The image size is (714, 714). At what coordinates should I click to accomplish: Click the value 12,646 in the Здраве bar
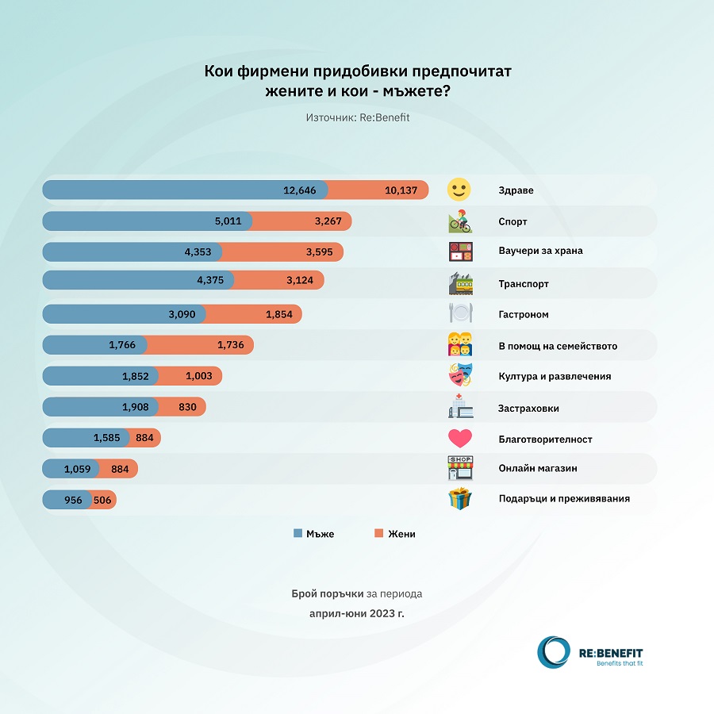pos(300,190)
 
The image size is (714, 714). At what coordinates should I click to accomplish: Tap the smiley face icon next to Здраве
pos(459,190)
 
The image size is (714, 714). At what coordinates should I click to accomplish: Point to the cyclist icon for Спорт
pos(459,221)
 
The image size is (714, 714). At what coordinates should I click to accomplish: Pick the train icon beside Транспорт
pos(460,283)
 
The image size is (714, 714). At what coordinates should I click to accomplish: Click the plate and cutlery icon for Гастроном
pos(460,314)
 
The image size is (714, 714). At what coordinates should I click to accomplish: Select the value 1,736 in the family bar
pos(233,345)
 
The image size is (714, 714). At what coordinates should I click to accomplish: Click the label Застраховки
pos(528,408)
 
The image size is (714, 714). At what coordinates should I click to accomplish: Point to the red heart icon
pos(460,439)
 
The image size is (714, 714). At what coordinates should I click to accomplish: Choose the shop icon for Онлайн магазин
pos(460,468)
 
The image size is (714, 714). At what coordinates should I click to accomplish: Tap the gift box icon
pos(460,499)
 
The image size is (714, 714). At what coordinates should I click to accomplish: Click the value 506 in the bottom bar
pos(102,500)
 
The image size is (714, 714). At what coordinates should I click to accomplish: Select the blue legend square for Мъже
pos(297,534)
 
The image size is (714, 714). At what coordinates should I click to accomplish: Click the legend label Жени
pos(401,534)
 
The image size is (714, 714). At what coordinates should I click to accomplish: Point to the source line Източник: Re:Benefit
pos(357,117)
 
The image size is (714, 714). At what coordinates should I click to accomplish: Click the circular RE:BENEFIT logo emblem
pos(553,652)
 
